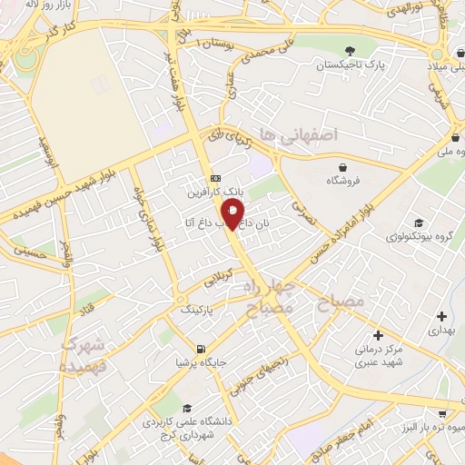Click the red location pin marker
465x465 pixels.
pos(233,213)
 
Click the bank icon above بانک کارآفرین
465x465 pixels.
pos(215,179)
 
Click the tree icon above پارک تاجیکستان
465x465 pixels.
pos(350,51)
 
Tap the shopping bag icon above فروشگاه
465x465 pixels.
pos(343,166)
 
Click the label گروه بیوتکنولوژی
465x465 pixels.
pos(418,237)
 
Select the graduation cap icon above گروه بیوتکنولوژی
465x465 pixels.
pos(418,223)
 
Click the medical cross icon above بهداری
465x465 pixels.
pos(441,317)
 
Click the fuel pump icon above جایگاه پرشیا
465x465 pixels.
pos(200,347)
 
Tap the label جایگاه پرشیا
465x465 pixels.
pos(200,361)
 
